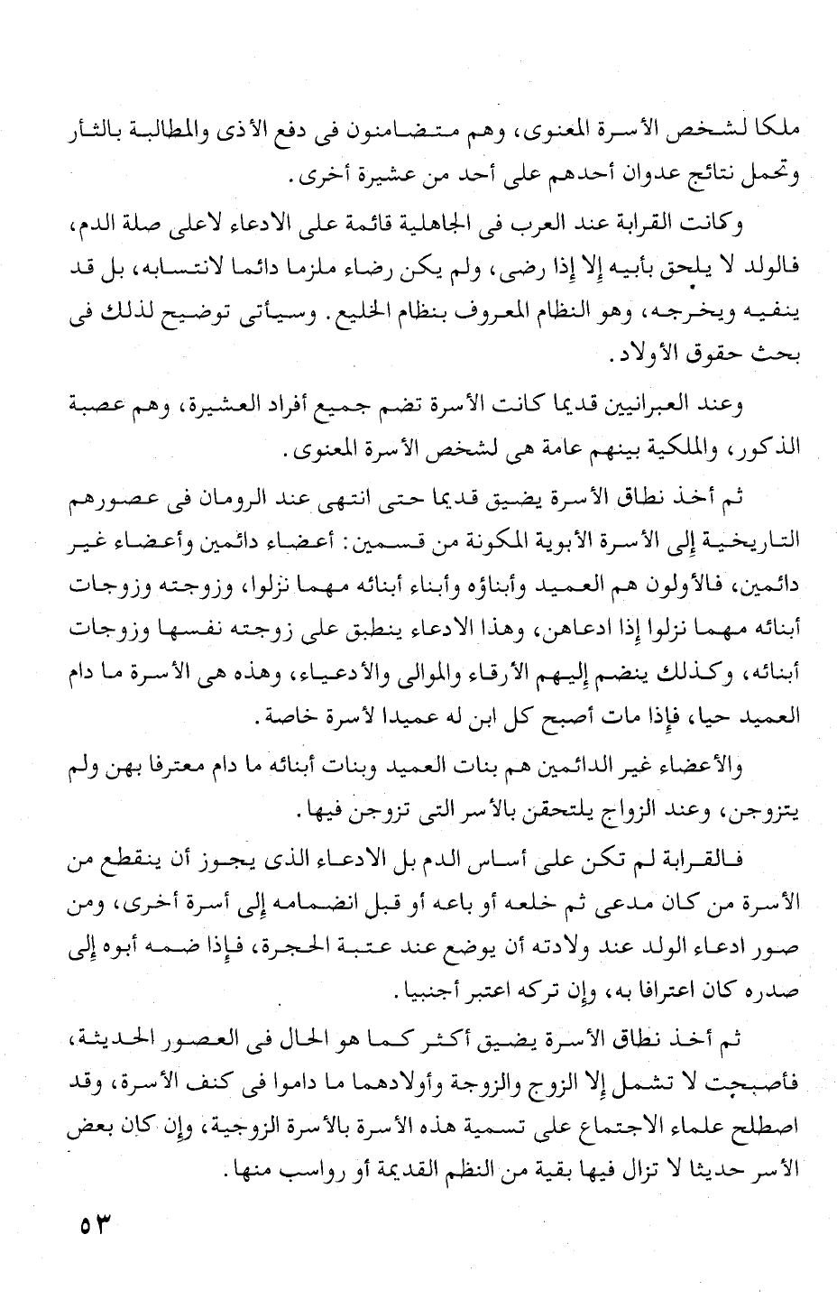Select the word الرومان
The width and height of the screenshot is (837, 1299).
pyautogui.click(x=279, y=498)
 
